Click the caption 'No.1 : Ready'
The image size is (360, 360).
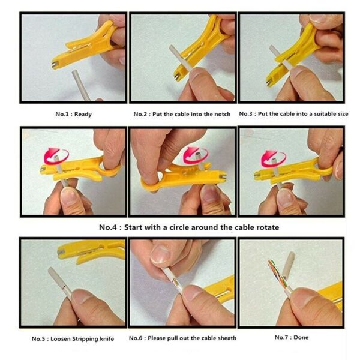[x=73, y=114]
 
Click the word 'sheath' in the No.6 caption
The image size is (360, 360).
[x=225, y=338]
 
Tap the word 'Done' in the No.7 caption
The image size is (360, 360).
[x=301, y=337]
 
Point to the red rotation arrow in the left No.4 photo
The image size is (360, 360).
[x=52, y=157]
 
